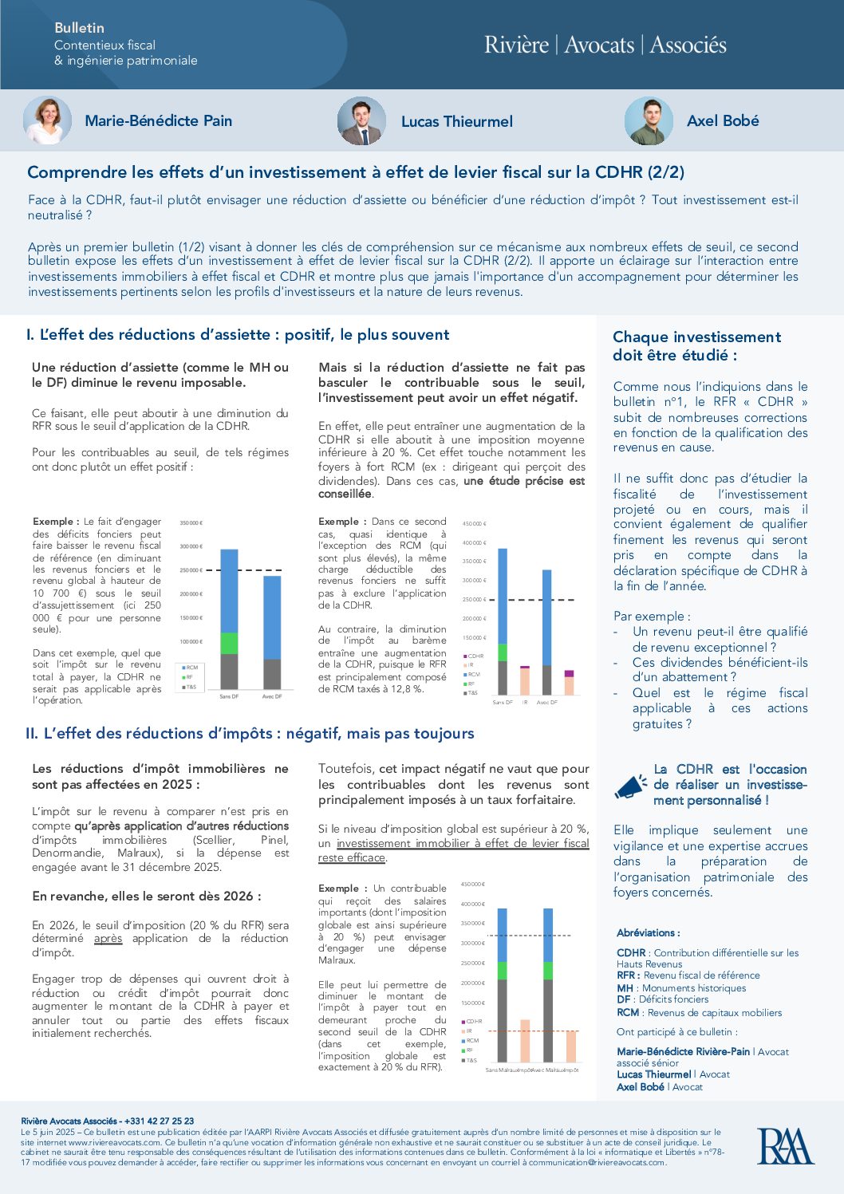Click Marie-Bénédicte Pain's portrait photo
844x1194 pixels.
tap(47, 120)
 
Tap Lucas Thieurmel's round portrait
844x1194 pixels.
tap(361, 121)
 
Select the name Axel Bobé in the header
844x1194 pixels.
tap(723, 121)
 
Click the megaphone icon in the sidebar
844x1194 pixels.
tap(631, 786)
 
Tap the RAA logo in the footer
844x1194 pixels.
tap(785, 1146)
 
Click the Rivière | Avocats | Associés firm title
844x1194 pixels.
tap(605, 45)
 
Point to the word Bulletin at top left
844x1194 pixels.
tap(79, 28)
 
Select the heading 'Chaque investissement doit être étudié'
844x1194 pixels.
tap(696, 346)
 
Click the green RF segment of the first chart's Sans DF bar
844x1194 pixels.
tap(229, 643)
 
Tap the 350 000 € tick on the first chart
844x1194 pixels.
tap(191, 523)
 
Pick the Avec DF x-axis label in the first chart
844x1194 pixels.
tap(272, 696)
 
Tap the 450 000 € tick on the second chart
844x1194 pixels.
tap(474, 524)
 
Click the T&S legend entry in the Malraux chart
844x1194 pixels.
tap(471, 1060)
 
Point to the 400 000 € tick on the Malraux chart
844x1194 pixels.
tap(472, 904)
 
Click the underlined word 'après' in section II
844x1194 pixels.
tap(108, 939)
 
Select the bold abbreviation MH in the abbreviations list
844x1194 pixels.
tap(625, 987)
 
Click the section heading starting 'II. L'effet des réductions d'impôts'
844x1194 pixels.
tap(250, 733)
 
